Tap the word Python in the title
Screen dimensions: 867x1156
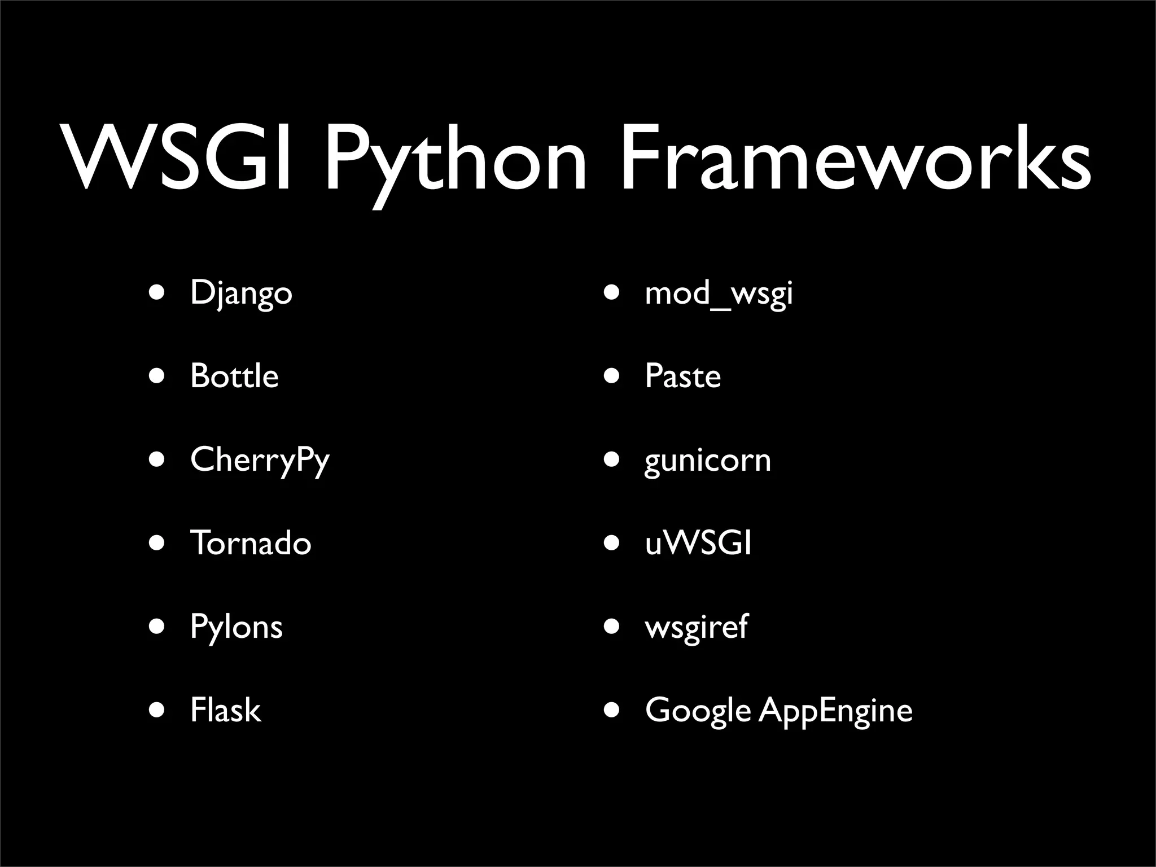coord(455,164)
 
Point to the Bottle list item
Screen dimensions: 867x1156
coord(234,376)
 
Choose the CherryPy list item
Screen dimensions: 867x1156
coord(260,461)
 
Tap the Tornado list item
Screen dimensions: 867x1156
coord(251,543)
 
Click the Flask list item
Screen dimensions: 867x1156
coord(225,710)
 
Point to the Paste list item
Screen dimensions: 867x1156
coord(682,376)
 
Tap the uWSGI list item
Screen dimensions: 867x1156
coord(698,543)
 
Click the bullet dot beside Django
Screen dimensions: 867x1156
coord(157,294)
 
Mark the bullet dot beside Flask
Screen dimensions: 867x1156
coord(157,710)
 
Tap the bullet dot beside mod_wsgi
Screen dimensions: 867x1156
coord(611,294)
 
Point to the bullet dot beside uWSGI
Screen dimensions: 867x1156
coord(611,543)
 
